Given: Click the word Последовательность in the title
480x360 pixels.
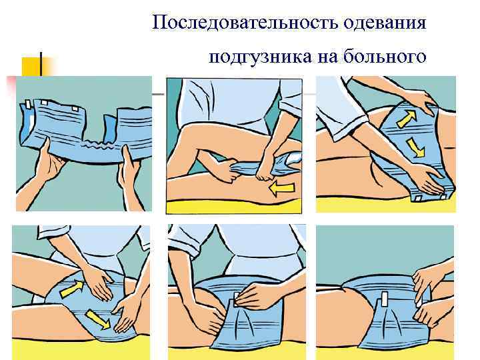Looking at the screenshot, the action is (245, 22).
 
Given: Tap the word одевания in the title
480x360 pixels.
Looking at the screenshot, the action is (385, 23).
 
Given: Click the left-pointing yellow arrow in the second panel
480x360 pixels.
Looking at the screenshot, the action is (282, 189).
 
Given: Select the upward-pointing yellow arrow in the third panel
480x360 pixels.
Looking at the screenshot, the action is (407, 119).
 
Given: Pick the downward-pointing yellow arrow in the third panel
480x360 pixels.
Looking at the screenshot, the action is (416, 147).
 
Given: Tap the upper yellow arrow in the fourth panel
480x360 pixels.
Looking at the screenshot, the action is (71, 289).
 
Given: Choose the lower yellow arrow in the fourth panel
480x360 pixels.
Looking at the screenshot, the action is (97, 319).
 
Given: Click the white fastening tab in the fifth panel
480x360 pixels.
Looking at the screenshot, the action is (236, 299).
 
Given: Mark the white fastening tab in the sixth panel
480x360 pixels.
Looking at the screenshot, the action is (385, 299).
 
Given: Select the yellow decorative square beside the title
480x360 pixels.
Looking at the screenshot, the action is (31, 67).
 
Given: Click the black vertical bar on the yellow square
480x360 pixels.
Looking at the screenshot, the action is (41, 64).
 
